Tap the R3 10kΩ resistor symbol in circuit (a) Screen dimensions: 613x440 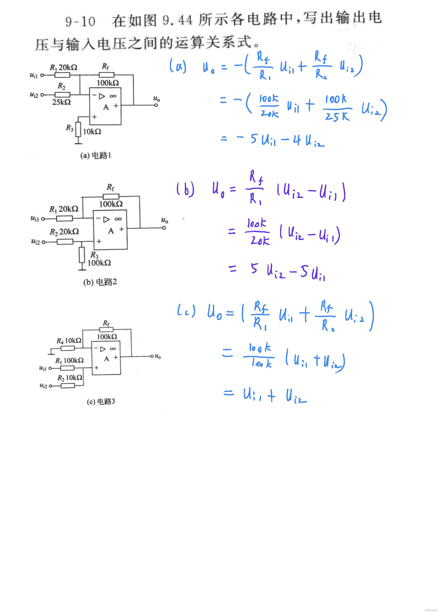point(78,129)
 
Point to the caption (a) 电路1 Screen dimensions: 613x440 point(96,155)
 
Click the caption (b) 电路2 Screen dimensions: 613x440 point(100,282)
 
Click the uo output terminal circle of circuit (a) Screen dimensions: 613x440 point(156,105)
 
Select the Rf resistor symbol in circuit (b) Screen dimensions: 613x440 point(111,196)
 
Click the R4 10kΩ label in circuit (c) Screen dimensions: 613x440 point(69,341)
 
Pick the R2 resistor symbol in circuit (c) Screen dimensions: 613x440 point(67,386)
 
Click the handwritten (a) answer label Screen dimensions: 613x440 point(178,66)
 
